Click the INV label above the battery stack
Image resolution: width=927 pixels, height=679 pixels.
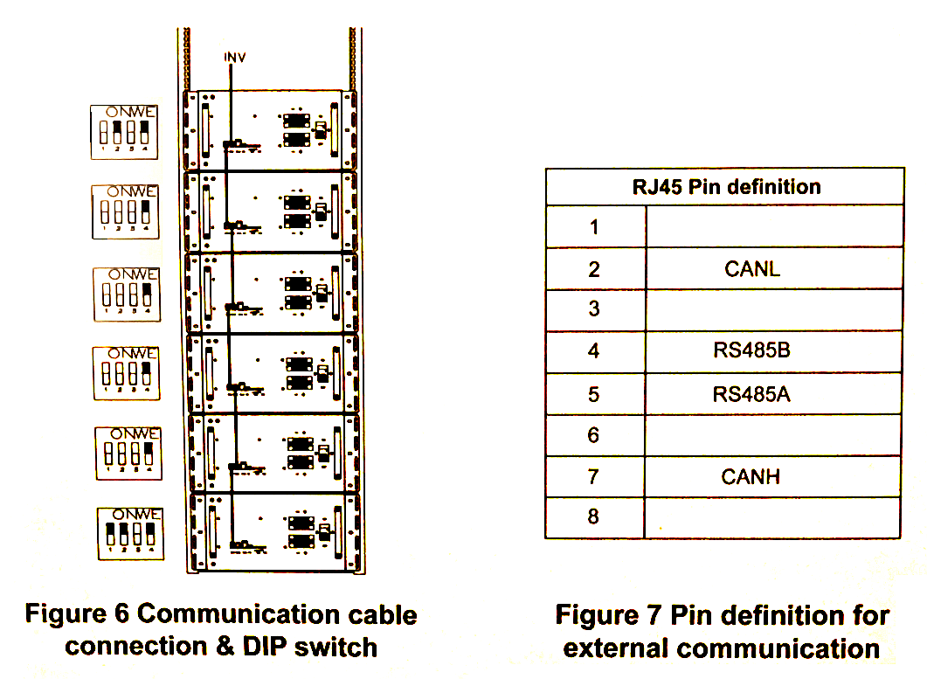[x=235, y=57]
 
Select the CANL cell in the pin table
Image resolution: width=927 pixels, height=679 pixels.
[x=751, y=268]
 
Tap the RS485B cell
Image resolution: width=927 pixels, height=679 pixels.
[x=751, y=351]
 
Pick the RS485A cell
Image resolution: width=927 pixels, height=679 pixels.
[x=751, y=394]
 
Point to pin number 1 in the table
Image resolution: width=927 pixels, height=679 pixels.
[x=594, y=227]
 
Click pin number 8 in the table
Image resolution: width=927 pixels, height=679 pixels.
[x=594, y=516]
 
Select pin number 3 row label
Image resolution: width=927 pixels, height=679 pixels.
[x=594, y=308]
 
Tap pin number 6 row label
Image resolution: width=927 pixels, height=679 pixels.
[x=594, y=434]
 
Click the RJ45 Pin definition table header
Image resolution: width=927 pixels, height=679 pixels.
[x=726, y=186]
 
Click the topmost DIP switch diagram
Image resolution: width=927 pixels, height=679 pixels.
[x=126, y=132]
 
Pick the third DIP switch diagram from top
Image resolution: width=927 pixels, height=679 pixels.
[x=128, y=294]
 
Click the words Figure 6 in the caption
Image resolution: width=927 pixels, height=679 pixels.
[x=78, y=613]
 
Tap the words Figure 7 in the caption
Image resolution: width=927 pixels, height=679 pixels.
[x=609, y=615]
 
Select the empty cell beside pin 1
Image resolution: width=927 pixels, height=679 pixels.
[x=773, y=227]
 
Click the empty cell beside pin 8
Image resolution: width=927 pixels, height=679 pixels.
[x=773, y=516]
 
